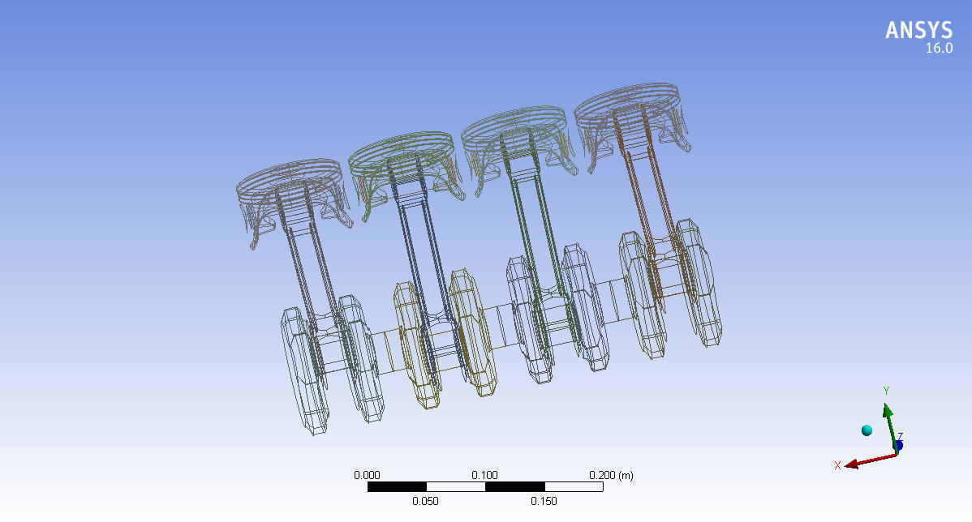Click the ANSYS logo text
click(x=918, y=30)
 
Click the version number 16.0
click(x=939, y=49)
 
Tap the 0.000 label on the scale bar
click(x=368, y=475)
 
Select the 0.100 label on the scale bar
click(x=485, y=475)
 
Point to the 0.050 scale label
click(x=425, y=501)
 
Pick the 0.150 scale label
click(x=544, y=501)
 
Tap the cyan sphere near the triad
click(x=867, y=430)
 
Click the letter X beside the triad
click(x=837, y=465)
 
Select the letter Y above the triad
click(x=886, y=391)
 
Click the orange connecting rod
click(x=649, y=211)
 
